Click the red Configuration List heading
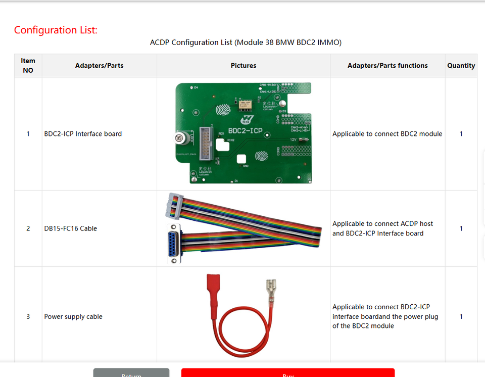coord(56,30)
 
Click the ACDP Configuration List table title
coord(246,42)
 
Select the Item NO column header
coord(28,66)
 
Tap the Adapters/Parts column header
coord(99,66)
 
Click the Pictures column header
coord(244,66)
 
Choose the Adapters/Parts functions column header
coord(387,66)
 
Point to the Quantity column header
coord(461,66)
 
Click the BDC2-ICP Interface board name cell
coord(83,134)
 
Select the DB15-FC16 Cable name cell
coord(70,228)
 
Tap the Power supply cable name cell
coord(73,317)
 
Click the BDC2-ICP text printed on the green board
coord(245,131)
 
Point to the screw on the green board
coord(179,137)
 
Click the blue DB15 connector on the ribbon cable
coord(174,244)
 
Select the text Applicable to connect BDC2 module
coord(387,134)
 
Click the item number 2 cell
coord(28,228)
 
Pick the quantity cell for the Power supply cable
coord(461,317)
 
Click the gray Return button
coord(131,373)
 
